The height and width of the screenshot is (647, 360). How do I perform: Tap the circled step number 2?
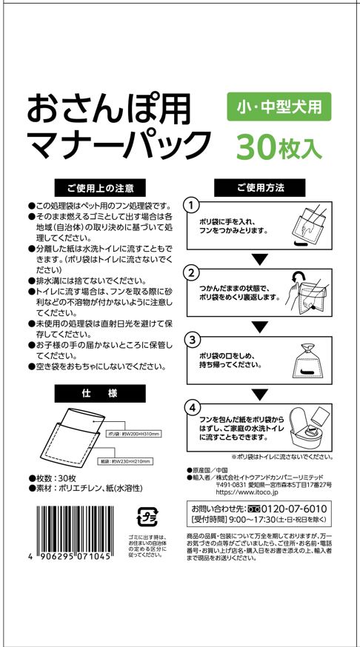pyautogui.click(x=192, y=272)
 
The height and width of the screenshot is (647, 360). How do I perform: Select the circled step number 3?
pyautogui.click(x=192, y=340)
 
